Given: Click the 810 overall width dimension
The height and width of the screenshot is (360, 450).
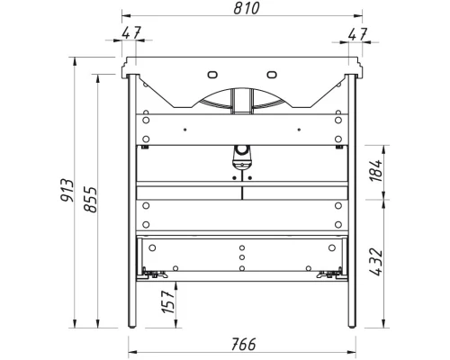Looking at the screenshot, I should coord(241,9).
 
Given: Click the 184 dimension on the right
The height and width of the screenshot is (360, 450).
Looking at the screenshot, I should coord(375,168).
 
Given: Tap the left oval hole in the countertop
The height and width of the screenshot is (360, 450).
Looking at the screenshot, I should coord(212,74).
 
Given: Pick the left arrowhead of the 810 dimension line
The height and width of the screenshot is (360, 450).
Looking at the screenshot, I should coord(126,18).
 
